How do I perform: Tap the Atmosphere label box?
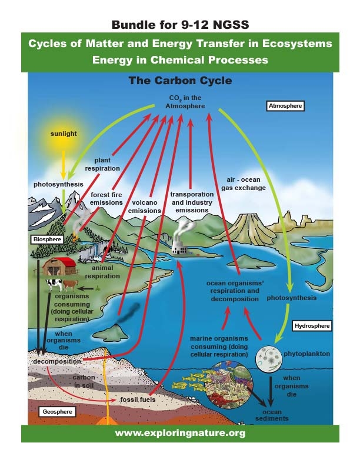(285, 106)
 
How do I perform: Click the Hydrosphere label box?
(312, 325)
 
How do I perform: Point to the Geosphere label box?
(57, 412)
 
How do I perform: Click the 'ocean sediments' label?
(272, 415)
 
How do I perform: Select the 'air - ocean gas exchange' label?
(246, 184)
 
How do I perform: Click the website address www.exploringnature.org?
(179, 433)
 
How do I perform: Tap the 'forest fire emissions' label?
(106, 198)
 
